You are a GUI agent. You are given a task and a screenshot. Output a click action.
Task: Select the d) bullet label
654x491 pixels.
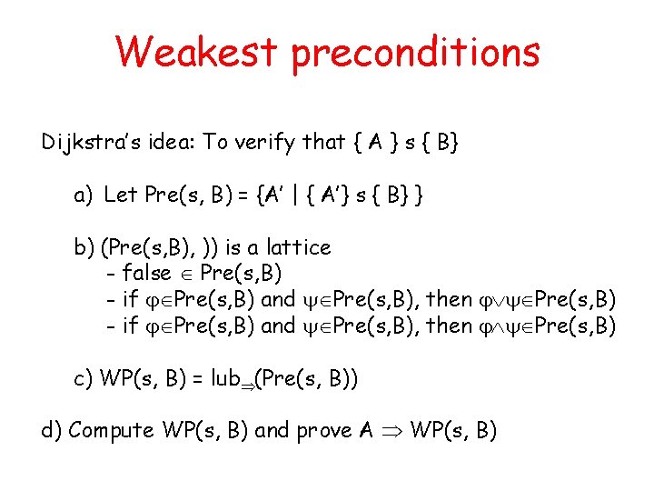[x=52, y=430]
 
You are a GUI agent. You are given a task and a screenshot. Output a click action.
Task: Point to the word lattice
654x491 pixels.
[x=298, y=246]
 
